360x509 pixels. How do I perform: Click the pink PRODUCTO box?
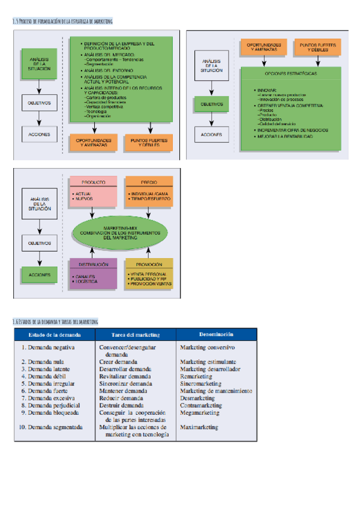pos(93,190)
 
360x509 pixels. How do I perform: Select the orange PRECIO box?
pos(149,190)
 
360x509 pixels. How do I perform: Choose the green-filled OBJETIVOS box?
pos(211,104)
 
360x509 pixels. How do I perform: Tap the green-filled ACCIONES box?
pos(40,275)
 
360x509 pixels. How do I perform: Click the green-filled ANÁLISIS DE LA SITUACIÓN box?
pos(40,61)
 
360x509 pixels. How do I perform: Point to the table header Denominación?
pos(216,334)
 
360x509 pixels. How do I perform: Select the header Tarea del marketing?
pos(136,334)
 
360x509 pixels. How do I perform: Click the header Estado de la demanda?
pos(54,334)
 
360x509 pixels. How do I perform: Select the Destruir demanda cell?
pos(122,405)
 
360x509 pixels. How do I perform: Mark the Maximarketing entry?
pos(199,427)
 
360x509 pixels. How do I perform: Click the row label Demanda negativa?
pos(48,348)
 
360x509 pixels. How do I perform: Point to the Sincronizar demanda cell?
pos(126,384)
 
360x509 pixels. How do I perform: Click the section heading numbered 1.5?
pos(64,21)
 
